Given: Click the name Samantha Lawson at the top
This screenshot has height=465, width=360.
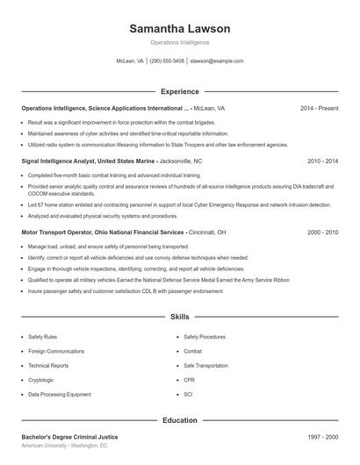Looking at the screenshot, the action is coord(179,29).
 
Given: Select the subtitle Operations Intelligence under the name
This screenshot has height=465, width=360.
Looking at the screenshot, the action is coord(179,42).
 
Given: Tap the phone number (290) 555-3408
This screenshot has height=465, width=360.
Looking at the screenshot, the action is coord(167,61).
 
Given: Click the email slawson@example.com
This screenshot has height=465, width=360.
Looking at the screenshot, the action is coord(217,61).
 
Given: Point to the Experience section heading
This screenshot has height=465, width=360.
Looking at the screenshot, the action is coord(179,91).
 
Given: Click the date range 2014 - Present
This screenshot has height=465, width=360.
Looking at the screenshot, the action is coord(319,108).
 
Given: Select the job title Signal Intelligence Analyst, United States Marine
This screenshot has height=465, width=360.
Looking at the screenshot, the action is coord(89,161).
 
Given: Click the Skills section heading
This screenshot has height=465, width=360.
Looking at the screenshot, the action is coord(179,316).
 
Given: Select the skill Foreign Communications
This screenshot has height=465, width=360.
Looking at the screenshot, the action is coord(56,351).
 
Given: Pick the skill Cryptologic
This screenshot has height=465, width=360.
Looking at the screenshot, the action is coord(41,380).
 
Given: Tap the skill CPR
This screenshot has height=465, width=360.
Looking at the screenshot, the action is coord(189,380).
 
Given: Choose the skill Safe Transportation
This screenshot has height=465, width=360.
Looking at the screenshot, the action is coord(206,366).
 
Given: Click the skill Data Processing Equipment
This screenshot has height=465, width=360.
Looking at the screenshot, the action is coord(59,395).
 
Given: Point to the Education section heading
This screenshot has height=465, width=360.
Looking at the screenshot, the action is coord(179,420).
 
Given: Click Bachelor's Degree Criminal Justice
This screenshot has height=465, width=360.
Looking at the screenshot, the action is coord(69,436).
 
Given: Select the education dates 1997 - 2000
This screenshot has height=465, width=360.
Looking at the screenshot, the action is coord(322,436).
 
